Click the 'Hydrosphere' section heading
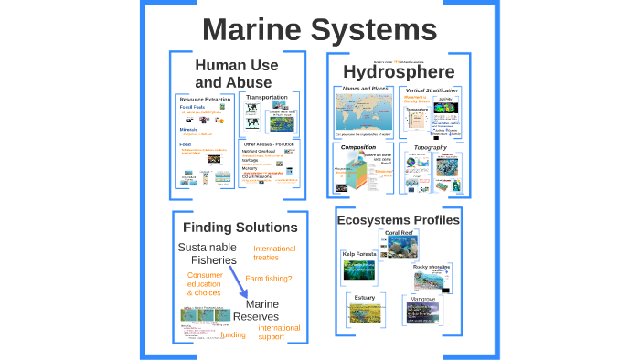click(399, 71)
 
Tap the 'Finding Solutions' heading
click(240, 227)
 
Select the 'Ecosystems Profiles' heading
click(398, 219)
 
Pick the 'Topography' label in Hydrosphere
click(430, 146)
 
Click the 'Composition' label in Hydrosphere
click(358, 146)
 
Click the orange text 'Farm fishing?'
click(269, 279)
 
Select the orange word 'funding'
click(233, 334)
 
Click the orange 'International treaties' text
click(274, 253)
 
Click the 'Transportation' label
click(267, 97)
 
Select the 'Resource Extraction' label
click(204, 99)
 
